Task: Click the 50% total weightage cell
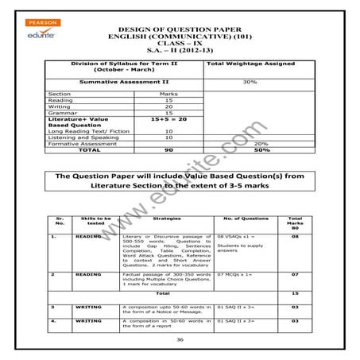tap(253, 149)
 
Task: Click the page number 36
tap(180, 338)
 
